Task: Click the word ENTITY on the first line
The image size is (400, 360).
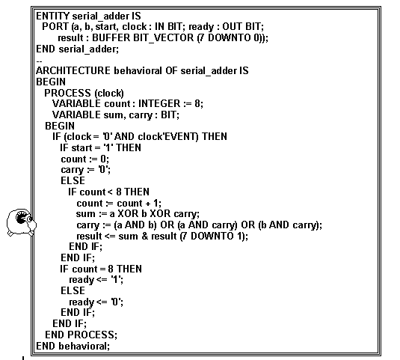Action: click(x=52, y=16)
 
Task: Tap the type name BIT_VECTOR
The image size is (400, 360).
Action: click(x=163, y=37)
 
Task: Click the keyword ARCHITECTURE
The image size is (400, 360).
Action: click(x=73, y=70)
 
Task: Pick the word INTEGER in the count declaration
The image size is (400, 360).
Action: click(x=159, y=104)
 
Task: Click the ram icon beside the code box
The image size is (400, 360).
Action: click(x=22, y=222)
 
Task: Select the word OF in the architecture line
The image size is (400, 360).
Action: click(x=171, y=70)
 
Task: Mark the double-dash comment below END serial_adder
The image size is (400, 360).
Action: click(x=39, y=61)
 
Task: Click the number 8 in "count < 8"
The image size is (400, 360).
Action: click(x=119, y=192)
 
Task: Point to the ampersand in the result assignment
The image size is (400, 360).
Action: click(x=144, y=236)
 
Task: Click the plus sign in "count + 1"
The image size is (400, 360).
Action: click(x=148, y=204)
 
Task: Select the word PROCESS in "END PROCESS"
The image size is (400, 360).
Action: click(x=90, y=335)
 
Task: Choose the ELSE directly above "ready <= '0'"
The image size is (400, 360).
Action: click(x=73, y=290)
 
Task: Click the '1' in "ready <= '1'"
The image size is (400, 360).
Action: click(x=116, y=280)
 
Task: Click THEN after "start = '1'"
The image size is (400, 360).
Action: click(x=129, y=147)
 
